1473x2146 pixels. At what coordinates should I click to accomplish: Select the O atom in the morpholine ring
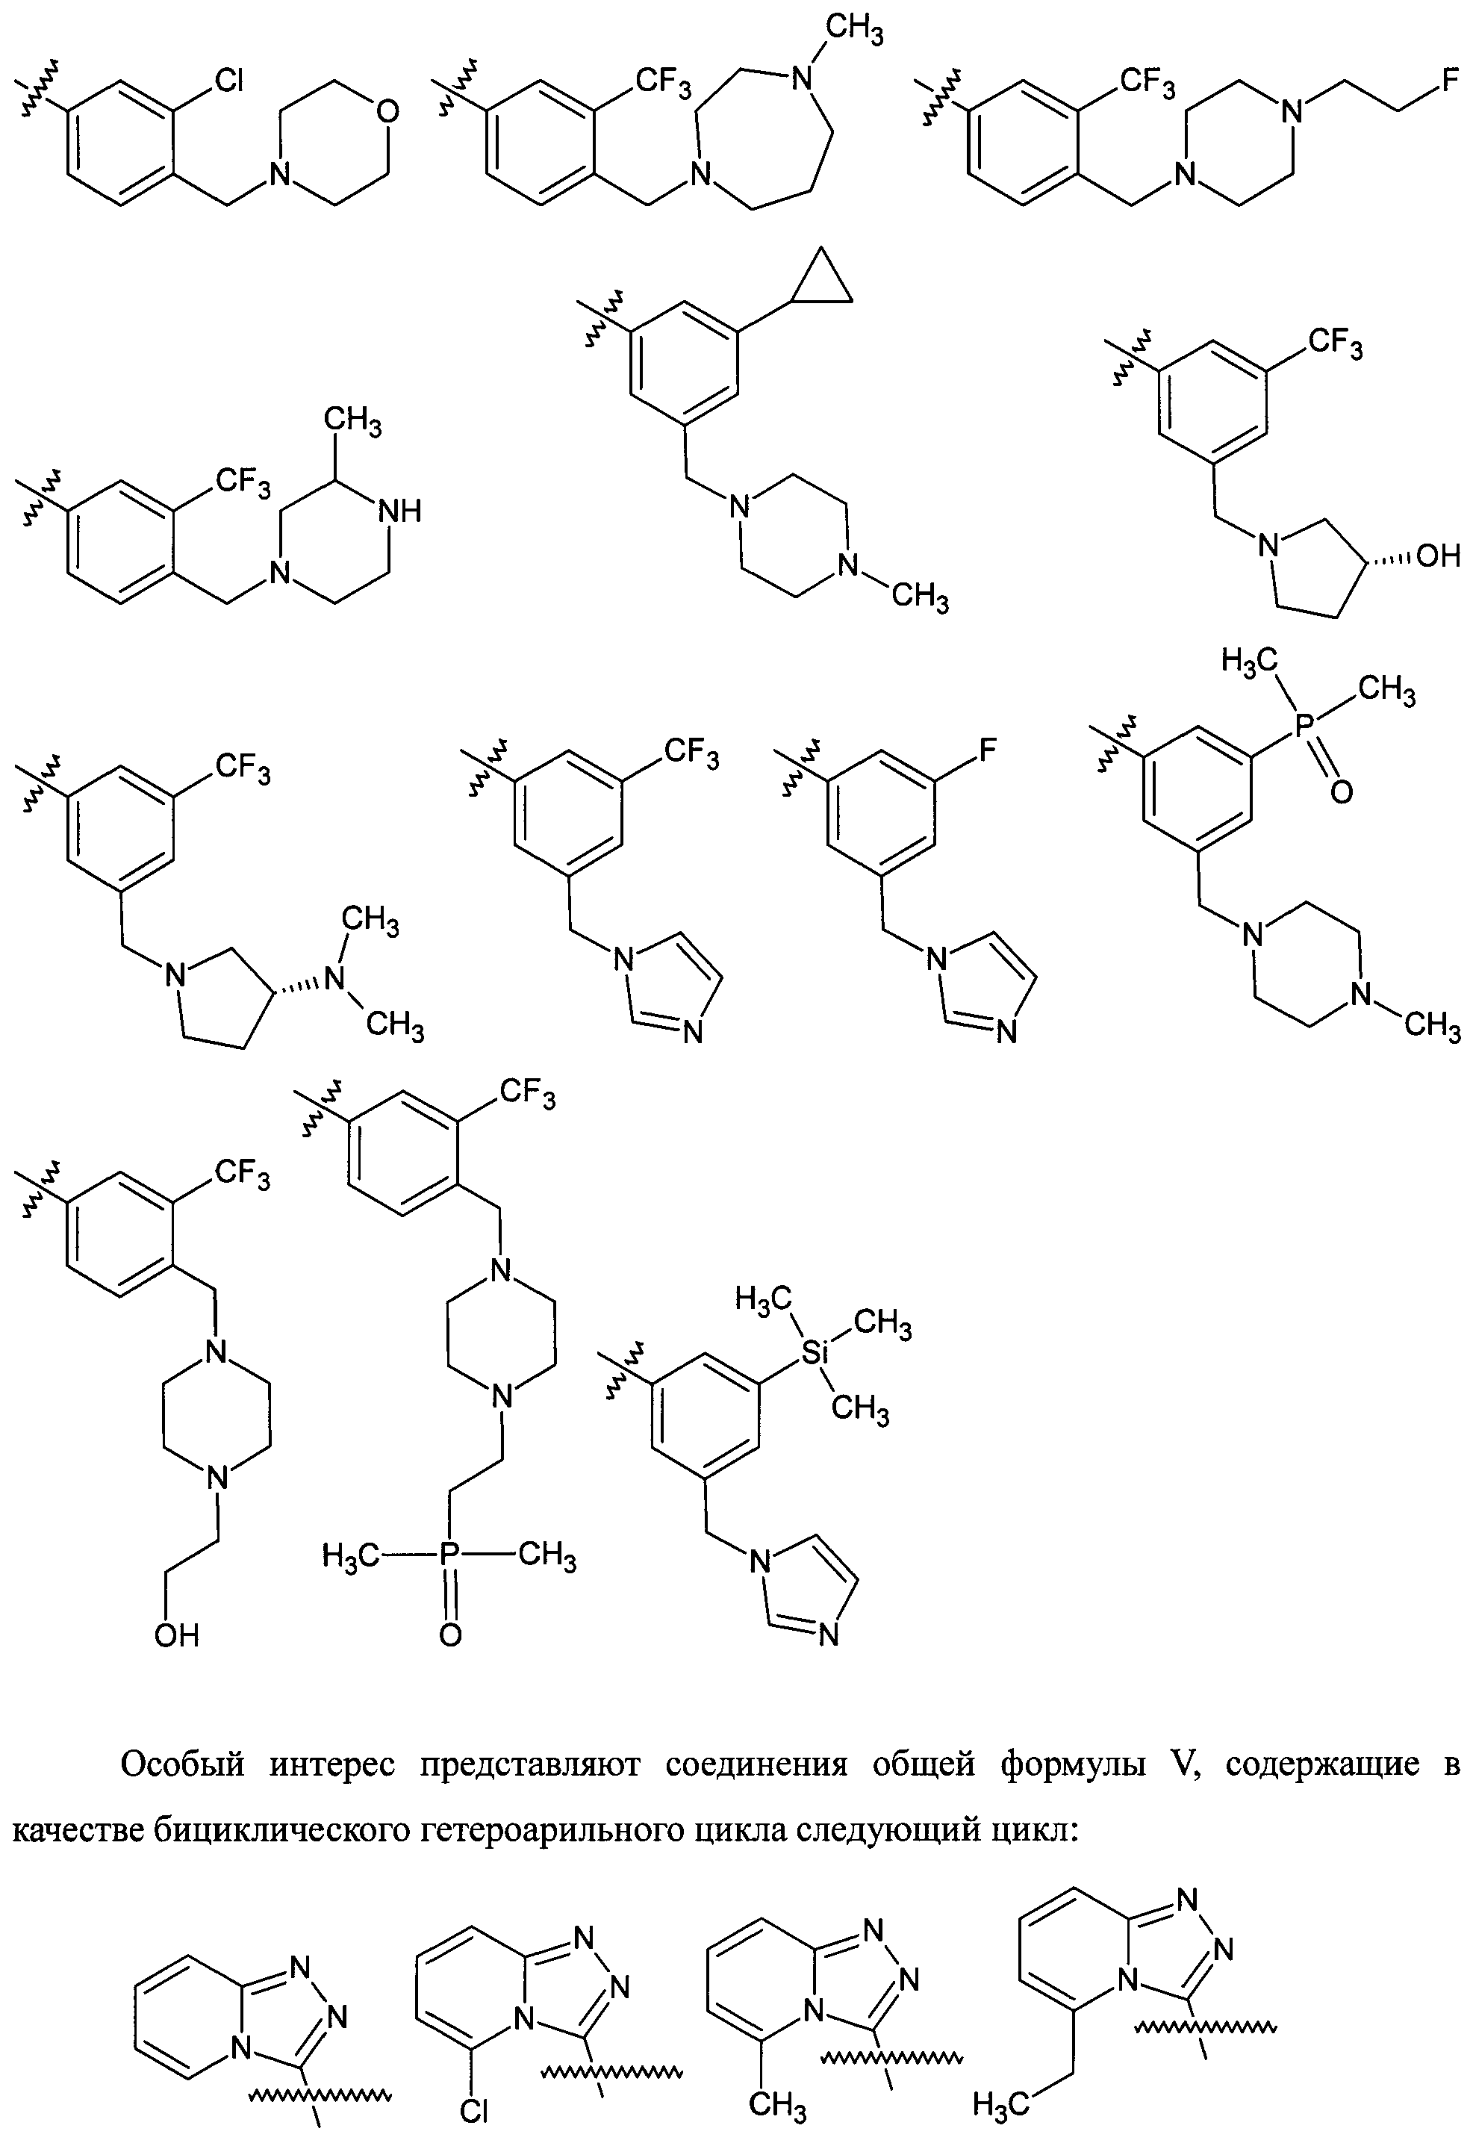coord(389,113)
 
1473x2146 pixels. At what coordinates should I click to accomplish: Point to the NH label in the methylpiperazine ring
coord(400,511)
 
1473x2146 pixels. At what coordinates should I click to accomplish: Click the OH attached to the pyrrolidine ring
coord(1438,555)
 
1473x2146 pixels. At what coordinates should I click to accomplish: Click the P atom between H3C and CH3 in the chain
coord(449,1556)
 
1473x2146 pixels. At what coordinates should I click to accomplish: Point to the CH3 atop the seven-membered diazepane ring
coord(853,31)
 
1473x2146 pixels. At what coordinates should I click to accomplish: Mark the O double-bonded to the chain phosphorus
coord(449,1636)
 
